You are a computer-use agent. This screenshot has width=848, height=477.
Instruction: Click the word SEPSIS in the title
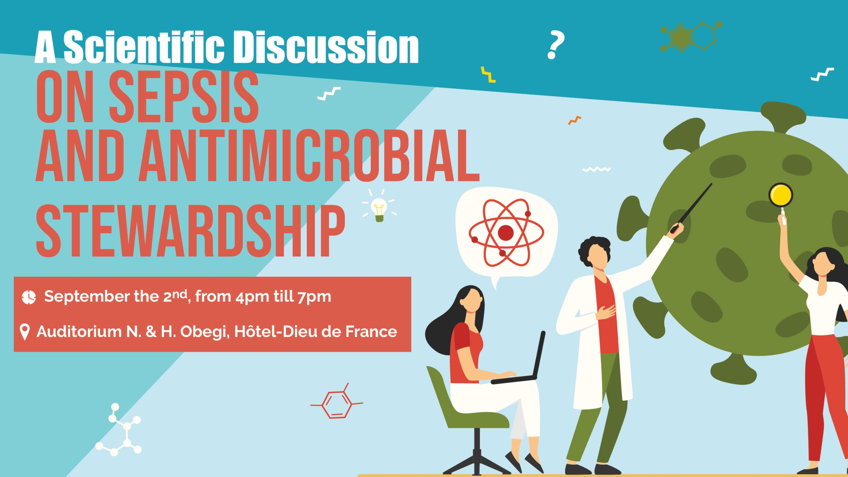pos(184,97)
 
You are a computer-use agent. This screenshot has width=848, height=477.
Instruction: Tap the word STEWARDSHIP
pos(190,231)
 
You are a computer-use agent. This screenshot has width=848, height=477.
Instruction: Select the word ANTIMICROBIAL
pos(309,156)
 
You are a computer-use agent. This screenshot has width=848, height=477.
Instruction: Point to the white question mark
pos(556,45)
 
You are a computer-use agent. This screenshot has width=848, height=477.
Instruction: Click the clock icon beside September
pos(29,297)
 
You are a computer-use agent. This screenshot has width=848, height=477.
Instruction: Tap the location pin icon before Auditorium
pos(25,332)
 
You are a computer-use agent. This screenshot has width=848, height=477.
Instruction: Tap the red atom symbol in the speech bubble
pos(506,233)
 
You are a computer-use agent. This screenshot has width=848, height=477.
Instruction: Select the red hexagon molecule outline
pos(336,403)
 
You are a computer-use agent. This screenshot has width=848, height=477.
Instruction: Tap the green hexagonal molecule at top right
pos(691,37)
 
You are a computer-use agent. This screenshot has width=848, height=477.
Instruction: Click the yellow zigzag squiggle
pos(488,75)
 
